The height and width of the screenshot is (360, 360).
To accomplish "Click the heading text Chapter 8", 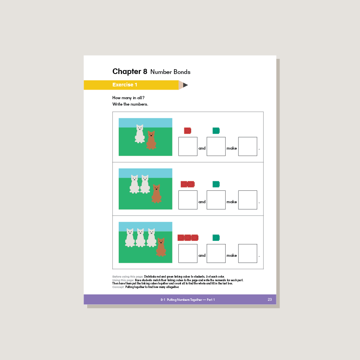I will [x=130, y=72].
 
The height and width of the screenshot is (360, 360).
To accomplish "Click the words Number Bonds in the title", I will [x=170, y=72].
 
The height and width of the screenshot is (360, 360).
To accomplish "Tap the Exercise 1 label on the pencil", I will [x=125, y=85].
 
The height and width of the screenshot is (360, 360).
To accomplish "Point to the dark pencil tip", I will [x=186, y=85].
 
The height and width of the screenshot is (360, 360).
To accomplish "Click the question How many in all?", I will [x=128, y=98].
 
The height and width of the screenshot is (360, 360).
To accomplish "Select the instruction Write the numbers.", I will [x=130, y=104].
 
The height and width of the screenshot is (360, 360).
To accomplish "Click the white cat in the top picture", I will [x=139, y=134].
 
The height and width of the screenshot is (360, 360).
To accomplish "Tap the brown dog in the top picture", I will [x=151, y=140].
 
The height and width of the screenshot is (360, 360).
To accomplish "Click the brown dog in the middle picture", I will [x=156, y=194].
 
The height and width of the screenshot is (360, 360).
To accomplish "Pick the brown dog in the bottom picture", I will [x=161, y=248].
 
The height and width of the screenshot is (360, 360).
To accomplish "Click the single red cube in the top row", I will [x=188, y=130].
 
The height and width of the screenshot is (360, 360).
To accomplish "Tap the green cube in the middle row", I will [x=216, y=184].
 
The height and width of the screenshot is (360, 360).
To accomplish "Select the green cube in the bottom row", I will [x=216, y=238].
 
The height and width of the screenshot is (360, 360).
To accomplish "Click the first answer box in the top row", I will [x=188, y=146].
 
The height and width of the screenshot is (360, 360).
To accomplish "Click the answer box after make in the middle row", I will [x=248, y=200].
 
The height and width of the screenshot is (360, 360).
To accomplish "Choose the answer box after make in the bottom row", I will [x=248, y=254].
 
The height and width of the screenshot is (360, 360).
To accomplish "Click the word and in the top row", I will [x=202, y=148].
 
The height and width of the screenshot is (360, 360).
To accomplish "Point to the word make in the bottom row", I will [x=232, y=256].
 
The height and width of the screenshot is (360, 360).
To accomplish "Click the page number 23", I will [x=270, y=300].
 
